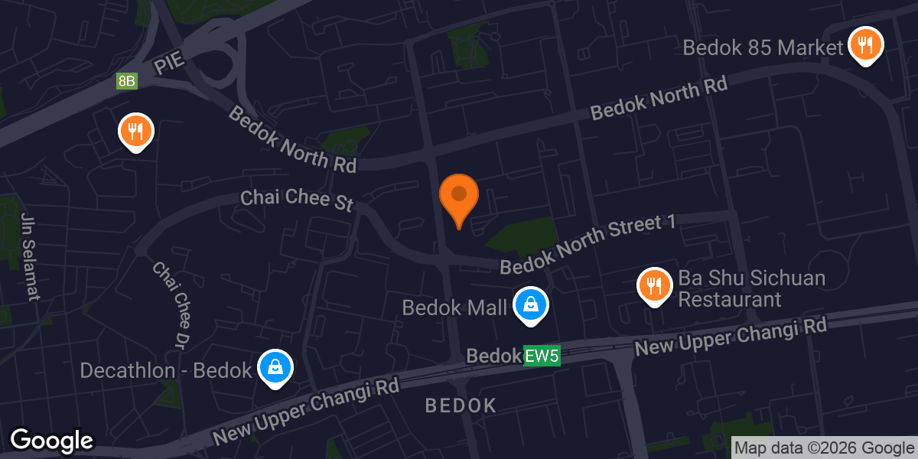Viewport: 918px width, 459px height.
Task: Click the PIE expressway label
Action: [x=170, y=64]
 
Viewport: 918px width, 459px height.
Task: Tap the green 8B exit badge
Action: [x=127, y=81]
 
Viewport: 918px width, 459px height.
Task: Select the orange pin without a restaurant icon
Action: [x=459, y=196]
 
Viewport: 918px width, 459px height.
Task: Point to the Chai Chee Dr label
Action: [x=171, y=303]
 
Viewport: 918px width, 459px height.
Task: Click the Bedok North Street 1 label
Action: [x=589, y=245]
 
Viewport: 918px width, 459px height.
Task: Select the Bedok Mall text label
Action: [x=455, y=308]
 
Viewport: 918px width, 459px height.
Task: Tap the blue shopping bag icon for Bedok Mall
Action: [x=529, y=304]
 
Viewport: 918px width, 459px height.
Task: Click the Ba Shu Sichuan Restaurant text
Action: [x=751, y=288]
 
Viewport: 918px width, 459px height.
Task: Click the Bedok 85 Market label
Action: [x=763, y=47]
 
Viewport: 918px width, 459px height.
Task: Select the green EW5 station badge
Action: [x=542, y=356]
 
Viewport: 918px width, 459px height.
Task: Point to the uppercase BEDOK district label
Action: [x=461, y=405]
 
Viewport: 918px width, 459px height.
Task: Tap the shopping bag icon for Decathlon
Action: [x=275, y=367]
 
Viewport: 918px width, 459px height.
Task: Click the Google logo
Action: [x=51, y=441]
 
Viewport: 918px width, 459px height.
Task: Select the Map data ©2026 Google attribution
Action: [x=824, y=448]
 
